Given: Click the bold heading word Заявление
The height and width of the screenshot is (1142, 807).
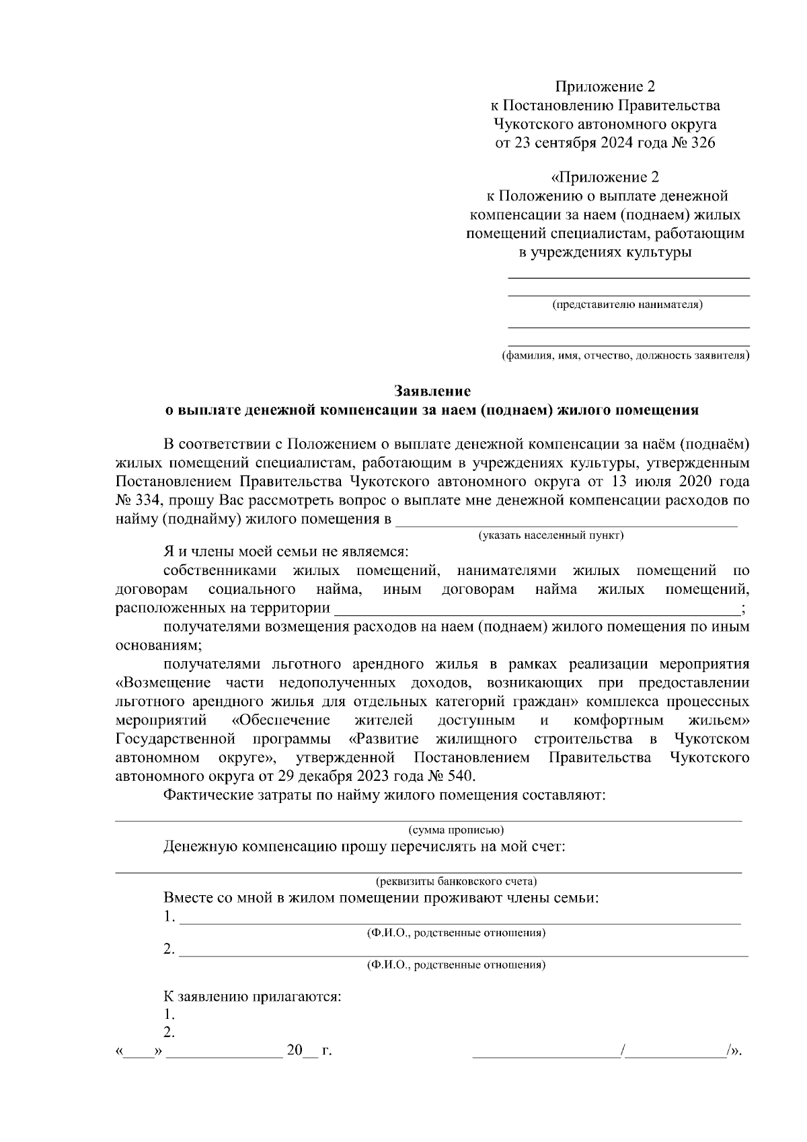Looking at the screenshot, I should [432, 391].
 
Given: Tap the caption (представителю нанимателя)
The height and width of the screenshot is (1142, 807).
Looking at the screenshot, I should [627, 305].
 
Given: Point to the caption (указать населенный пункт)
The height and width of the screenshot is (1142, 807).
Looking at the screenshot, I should [551, 535].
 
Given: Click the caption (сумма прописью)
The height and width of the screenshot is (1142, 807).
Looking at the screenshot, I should [457, 829].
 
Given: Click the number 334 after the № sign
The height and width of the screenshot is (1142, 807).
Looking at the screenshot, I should [149, 500].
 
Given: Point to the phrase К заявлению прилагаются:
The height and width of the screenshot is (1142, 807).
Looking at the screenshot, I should [252, 996].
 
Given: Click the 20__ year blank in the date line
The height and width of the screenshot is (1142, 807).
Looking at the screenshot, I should [301, 1051].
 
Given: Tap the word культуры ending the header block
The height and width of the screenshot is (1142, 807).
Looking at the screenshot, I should [658, 252].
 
